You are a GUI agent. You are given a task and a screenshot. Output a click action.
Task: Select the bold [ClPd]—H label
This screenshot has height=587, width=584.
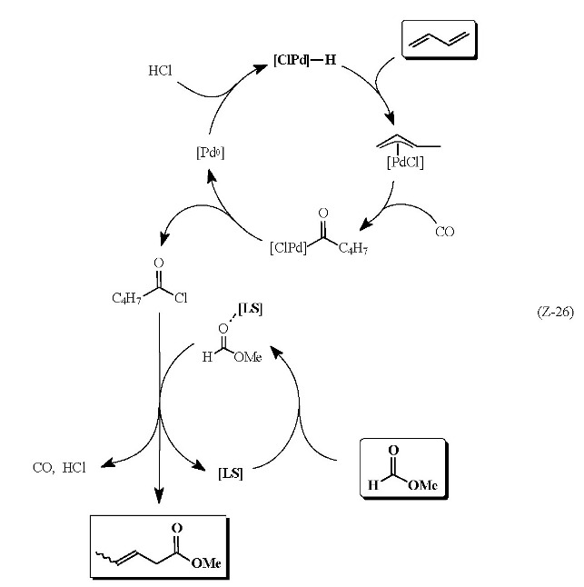[303, 61]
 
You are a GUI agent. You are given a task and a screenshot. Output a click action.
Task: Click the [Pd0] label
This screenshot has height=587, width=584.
[210, 153]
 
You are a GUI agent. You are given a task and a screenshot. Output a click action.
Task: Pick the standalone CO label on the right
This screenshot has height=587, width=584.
[444, 232]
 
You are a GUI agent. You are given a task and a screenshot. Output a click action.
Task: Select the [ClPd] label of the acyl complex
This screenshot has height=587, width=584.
[290, 246]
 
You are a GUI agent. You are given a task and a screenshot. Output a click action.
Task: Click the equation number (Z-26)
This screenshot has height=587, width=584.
[552, 313]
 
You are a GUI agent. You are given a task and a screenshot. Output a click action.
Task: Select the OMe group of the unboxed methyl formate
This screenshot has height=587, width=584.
[248, 358]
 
